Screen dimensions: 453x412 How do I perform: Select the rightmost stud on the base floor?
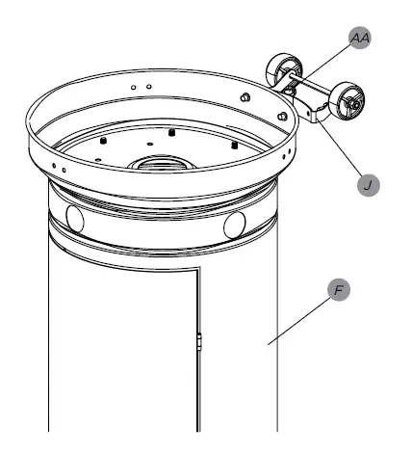tap(234, 145)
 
